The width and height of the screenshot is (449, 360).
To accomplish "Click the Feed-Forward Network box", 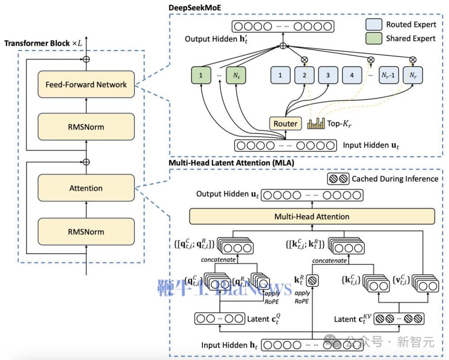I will (86, 85).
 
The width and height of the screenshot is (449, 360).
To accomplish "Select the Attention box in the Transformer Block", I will (86, 189).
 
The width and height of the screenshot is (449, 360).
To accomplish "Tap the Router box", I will (285, 123).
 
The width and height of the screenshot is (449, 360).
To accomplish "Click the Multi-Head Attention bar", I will (312, 216).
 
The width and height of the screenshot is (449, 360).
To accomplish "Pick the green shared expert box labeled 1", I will (201, 75).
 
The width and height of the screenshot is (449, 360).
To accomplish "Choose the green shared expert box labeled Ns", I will (237, 75).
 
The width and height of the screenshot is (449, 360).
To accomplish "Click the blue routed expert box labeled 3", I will (328, 75).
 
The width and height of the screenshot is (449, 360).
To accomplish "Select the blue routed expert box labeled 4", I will (352, 75).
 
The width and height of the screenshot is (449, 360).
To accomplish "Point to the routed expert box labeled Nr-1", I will (389, 75).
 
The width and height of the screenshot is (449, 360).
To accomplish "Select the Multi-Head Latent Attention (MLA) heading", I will (231, 162).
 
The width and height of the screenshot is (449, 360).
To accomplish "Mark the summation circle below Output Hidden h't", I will (283, 46).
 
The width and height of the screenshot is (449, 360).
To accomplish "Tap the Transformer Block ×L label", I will (43, 44).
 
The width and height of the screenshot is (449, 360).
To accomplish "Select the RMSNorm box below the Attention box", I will (86, 232).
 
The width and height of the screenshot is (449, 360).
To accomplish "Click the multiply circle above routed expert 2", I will (305, 59).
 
